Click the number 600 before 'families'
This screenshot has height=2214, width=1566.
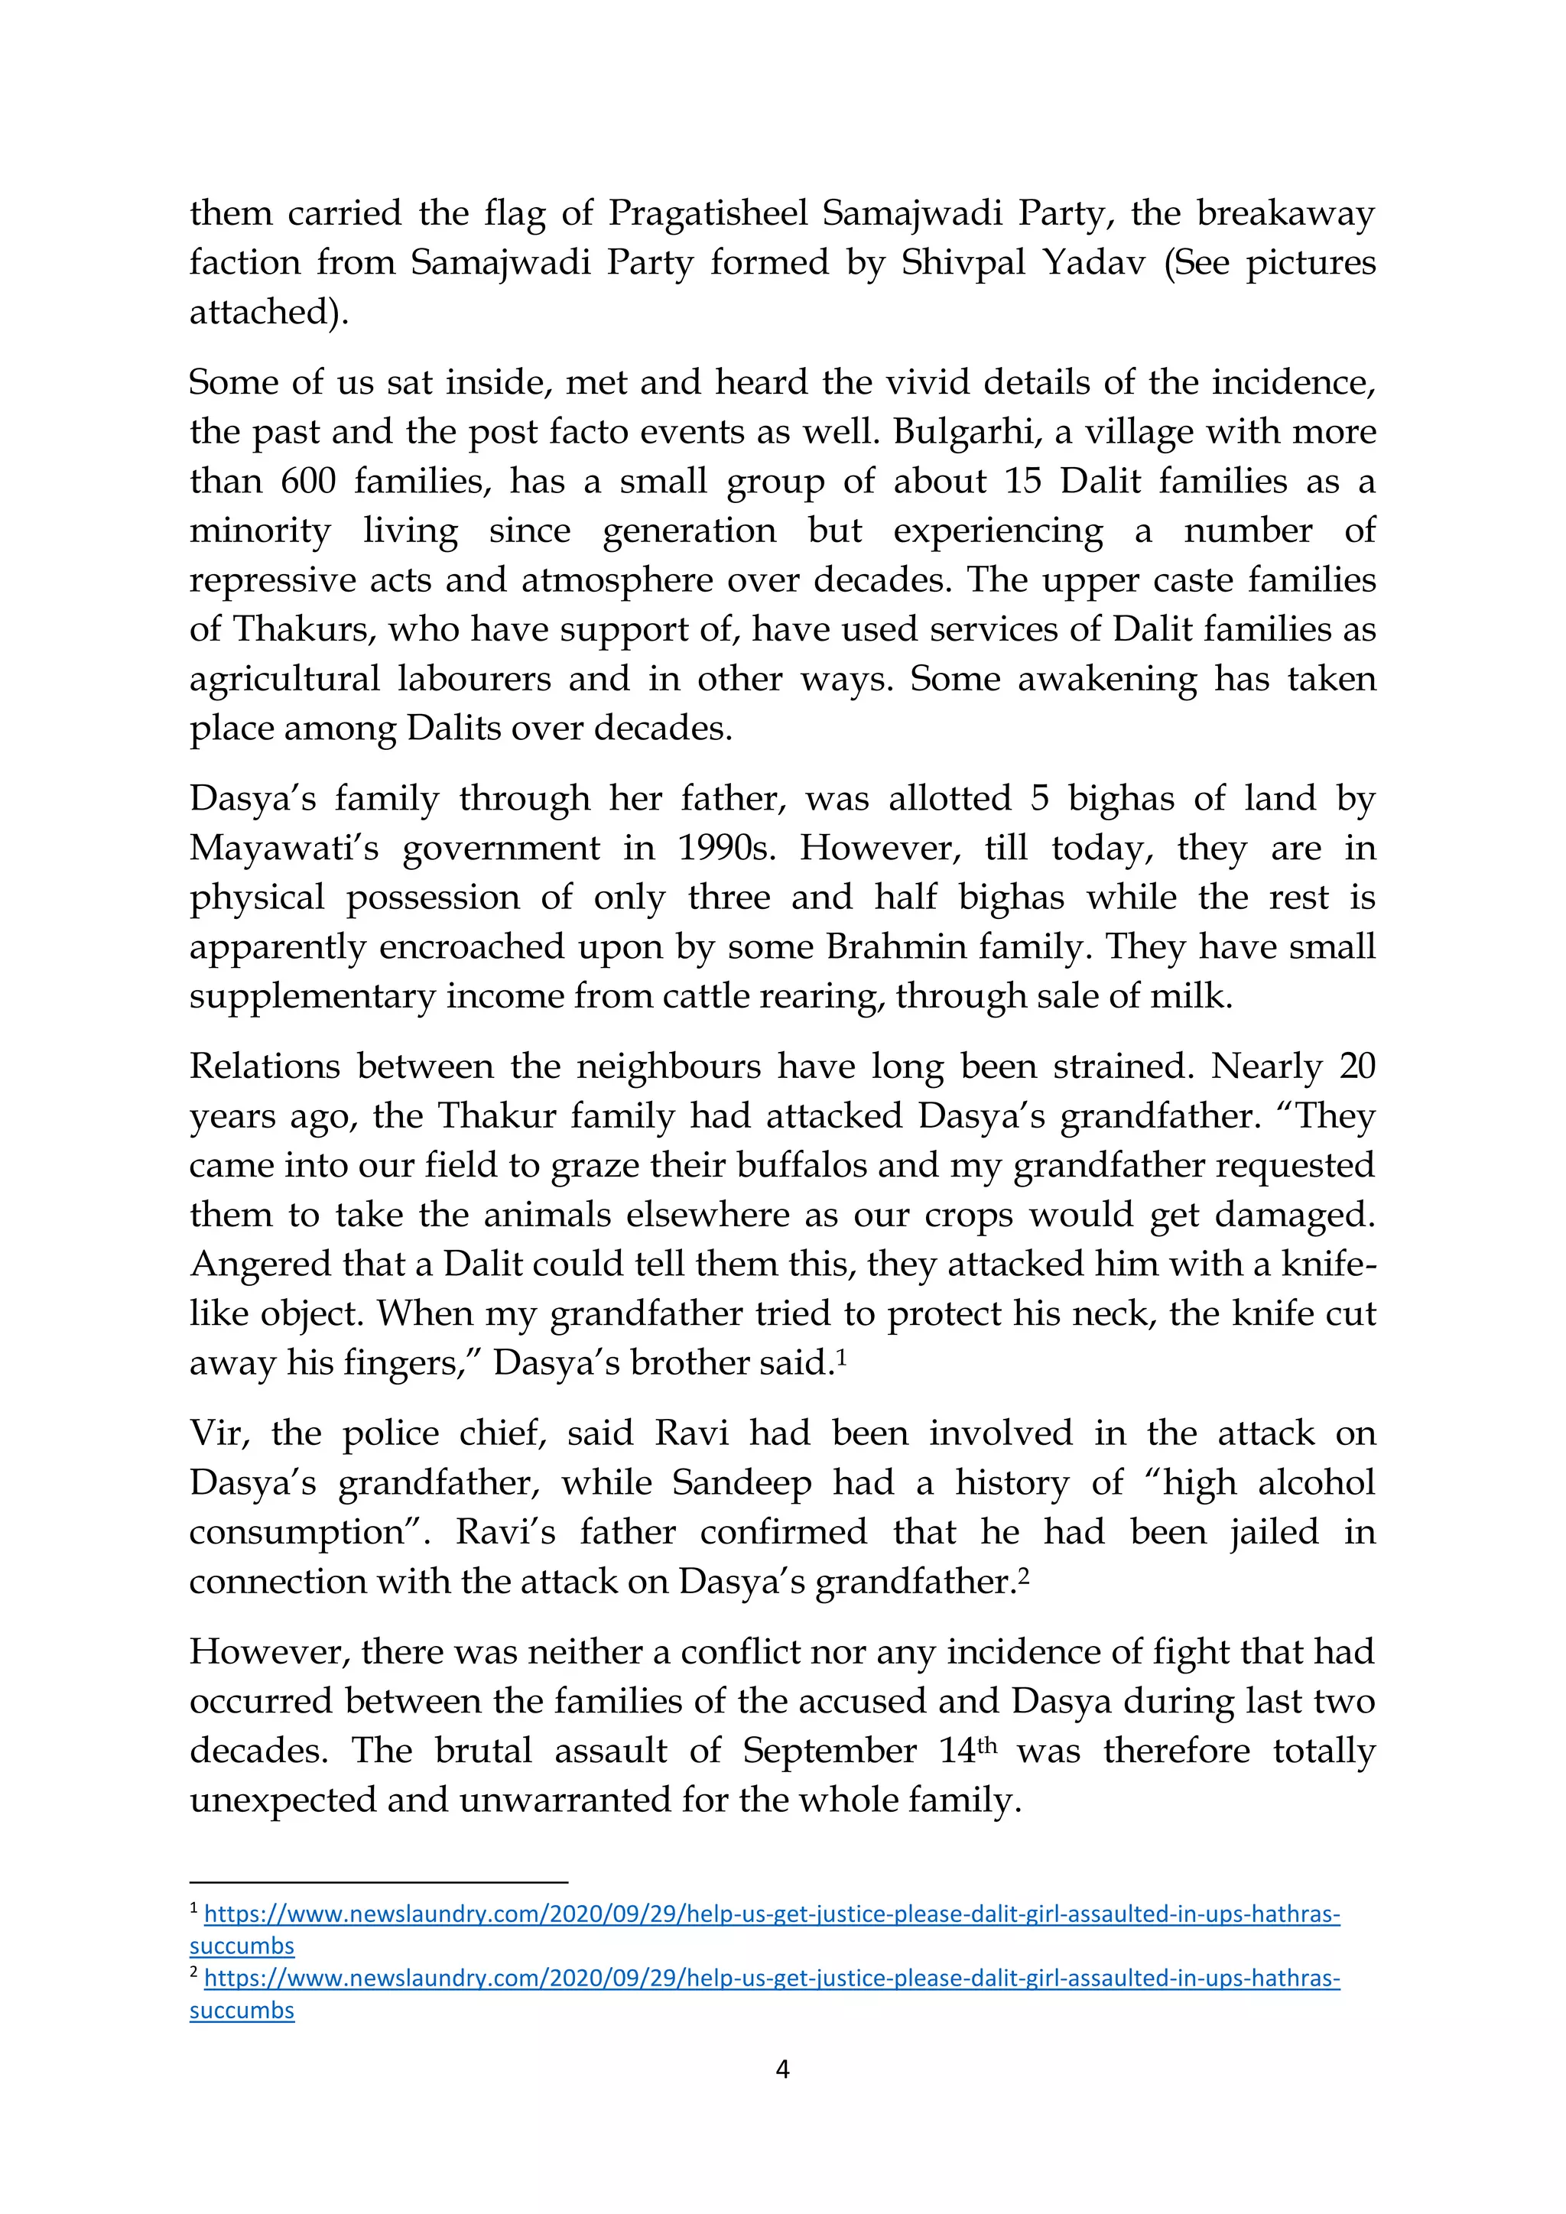[x=309, y=481]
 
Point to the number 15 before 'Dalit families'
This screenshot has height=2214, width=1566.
[x=1022, y=481]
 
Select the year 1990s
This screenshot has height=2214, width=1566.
[x=728, y=849]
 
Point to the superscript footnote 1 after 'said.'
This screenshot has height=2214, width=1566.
[x=842, y=1355]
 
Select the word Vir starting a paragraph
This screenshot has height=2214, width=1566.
[x=218, y=1433]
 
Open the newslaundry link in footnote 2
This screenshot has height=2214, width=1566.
[x=772, y=1978]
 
